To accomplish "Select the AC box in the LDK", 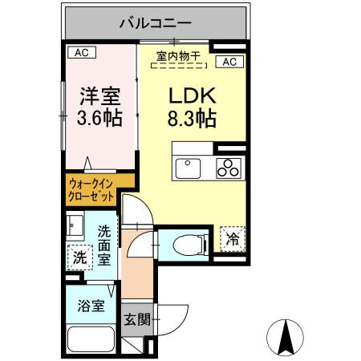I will [x=228, y=62].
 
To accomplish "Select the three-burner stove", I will [x=229, y=168].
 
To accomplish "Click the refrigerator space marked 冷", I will [x=231, y=237].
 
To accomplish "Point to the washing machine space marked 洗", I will [x=79, y=258].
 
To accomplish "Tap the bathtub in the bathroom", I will [x=91, y=340].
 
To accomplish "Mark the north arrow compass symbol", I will [x=284, y=337].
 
